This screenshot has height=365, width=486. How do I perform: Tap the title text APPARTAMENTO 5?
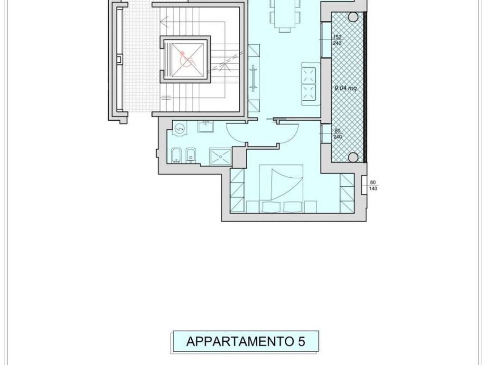pyautogui.click(x=245, y=341)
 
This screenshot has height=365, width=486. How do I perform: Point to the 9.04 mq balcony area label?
pyautogui.click(x=345, y=88)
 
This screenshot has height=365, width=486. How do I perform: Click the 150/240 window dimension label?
pyautogui.click(x=337, y=40)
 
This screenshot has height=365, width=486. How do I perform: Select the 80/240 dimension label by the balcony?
pyautogui.click(x=337, y=134)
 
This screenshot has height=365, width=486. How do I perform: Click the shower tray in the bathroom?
pyautogui.click(x=221, y=156)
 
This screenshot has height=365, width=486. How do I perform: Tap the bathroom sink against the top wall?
pyautogui.click(x=206, y=126)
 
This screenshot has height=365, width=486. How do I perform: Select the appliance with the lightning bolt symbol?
pyautogui.click(x=179, y=128)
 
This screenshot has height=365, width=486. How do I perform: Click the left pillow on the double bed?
pyautogui.click(x=271, y=206)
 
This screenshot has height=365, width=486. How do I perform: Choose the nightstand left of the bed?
pyautogui.click(x=252, y=207)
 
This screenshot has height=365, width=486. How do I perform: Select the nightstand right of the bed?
pyautogui.click(x=310, y=207)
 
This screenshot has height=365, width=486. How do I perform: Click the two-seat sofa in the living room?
pyautogui.click(x=309, y=83)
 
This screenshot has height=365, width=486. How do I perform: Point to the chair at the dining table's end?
pyautogui.click(x=285, y=29)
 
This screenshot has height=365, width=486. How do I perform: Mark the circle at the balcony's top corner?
pyautogui.click(x=353, y=17)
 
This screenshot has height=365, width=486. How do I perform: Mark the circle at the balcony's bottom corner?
pyautogui.click(x=353, y=157)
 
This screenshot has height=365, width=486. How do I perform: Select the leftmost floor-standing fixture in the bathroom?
pyautogui.click(x=176, y=155)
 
